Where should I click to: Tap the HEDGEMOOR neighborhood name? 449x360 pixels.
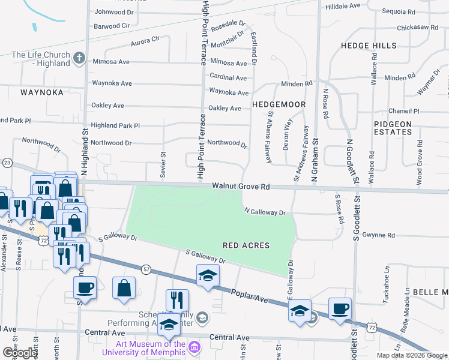[x=279, y=104]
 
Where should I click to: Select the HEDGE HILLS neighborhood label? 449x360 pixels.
[x=369, y=46]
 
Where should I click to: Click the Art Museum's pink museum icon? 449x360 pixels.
[x=194, y=347]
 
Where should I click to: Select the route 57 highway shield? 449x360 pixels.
[x=145, y=271]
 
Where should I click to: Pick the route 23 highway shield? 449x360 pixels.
[x=7, y=163]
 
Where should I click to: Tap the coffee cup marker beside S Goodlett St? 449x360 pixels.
[x=340, y=309]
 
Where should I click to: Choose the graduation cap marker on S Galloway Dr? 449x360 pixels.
[x=208, y=275]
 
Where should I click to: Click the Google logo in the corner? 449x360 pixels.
[x=19, y=352]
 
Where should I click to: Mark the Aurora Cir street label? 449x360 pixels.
[x=146, y=41]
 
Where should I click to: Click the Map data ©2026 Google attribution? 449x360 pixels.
[x=412, y=355]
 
